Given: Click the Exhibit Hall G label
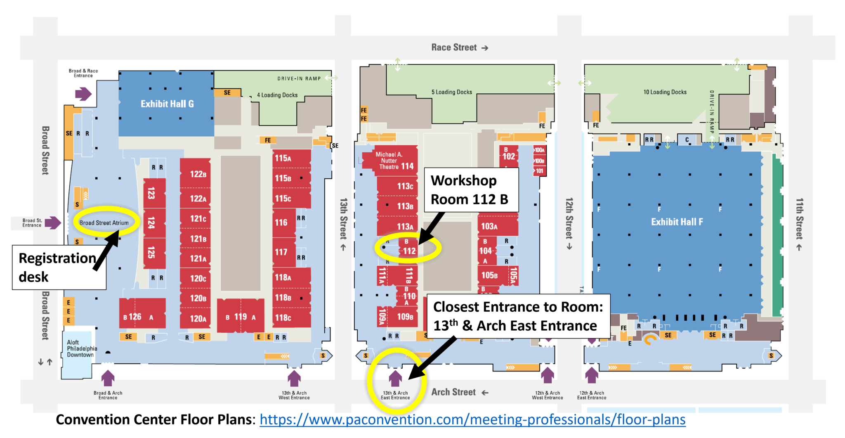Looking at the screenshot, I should tap(167, 104).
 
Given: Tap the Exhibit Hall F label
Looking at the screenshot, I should tap(677, 222).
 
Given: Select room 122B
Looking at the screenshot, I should tap(197, 174).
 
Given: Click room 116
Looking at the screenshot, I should tap(281, 223).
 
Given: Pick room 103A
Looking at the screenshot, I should tap(490, 226).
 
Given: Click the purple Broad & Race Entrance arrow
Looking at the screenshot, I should tap(83, 94).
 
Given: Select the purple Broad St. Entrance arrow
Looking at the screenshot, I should tap(53, 223).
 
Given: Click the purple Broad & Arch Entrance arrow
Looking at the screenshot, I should tap(108, 378).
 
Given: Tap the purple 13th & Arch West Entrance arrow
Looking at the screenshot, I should tap(294, 378).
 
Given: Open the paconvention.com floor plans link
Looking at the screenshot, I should tap(472, 420).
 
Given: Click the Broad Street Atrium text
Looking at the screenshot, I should tap(104, 223).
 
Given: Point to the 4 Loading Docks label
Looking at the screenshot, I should tap(277, 95).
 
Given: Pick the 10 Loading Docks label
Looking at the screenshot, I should tap(665, 92).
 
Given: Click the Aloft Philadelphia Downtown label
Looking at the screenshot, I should tap(82, 348).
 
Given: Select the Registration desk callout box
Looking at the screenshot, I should tap(58, 268).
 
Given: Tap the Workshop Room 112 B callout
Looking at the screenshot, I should tap(470, 190).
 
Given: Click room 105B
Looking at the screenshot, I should tap(490, 275).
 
